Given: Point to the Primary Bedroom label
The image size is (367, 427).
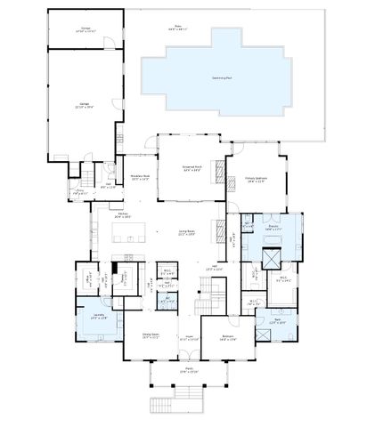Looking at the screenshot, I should click(257, 180).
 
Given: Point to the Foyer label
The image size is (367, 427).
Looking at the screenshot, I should click(188, 337).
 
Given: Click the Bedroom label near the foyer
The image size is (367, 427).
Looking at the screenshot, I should click(227, 336).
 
